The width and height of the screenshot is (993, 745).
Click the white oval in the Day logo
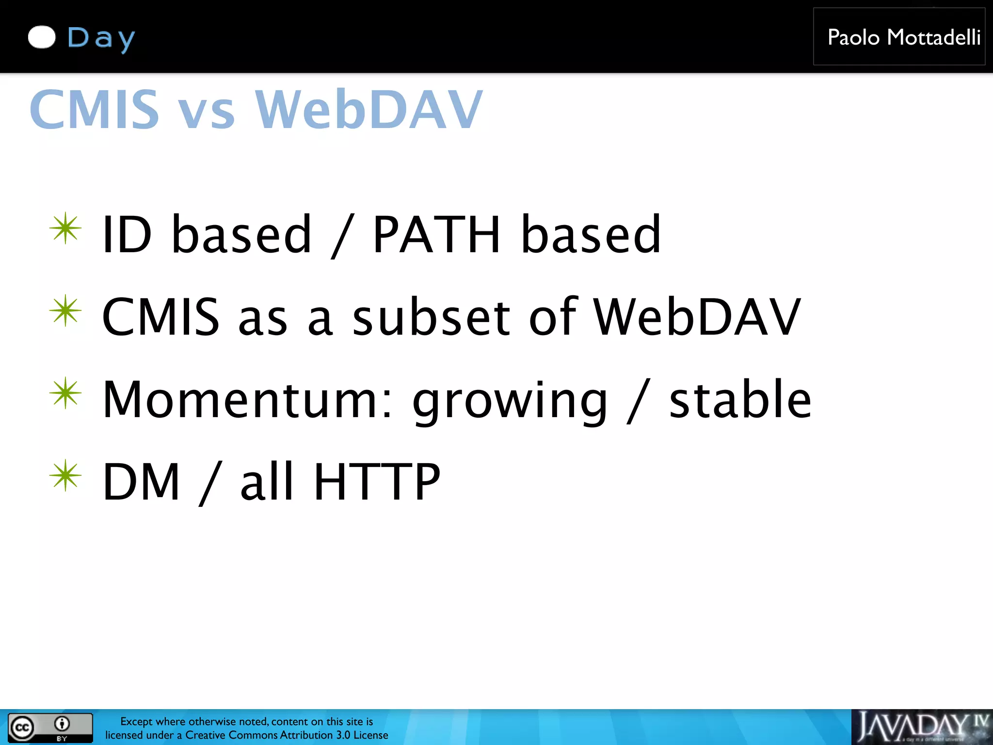(x=42, y=37)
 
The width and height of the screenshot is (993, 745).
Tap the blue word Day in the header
(x=101, y=38)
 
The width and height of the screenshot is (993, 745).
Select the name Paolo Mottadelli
(x=903, y=37)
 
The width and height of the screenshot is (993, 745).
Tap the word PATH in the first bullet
(x=435, y=235)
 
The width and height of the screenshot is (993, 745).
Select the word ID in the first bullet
(x=127, y=235)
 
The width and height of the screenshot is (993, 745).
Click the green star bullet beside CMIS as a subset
(x=65, y=310)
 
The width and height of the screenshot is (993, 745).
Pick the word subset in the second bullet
(x=431, y=317)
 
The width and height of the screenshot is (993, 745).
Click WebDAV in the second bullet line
(x=697, y=317)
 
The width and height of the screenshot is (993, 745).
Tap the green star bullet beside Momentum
(x=65, y=393)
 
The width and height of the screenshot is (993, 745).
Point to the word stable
(x=740, y=400)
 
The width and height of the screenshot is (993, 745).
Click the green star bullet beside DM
(x=65, y=475)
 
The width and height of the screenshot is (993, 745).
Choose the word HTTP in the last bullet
(x=377, y=482)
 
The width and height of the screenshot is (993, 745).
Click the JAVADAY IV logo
(x=921, y=727)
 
